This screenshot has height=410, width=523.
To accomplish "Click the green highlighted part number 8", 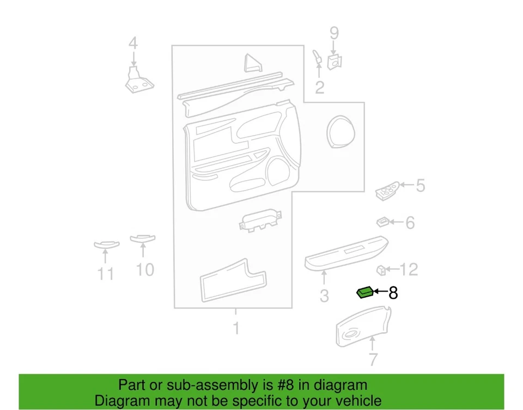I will tap(364, 293).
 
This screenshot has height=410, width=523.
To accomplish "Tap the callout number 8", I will tap(393, 293).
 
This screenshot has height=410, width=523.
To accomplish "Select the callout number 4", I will tap(132, 44).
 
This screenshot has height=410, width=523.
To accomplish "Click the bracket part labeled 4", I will tap(138, 81).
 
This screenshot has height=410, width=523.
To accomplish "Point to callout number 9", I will tap(334, 33).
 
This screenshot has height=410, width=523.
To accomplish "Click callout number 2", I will tap(320, 87).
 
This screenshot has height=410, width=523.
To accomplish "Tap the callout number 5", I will tap(420, 186).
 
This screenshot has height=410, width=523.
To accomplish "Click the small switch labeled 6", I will tap(383, 222).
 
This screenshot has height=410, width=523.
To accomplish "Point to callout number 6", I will tap(410, 222).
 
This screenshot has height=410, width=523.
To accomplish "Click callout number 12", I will tap(409, 269).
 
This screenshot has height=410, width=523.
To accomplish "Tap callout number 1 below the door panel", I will tap(236, 328).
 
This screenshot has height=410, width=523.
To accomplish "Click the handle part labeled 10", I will tap(143, 238).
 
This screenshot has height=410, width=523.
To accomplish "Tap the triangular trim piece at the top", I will tap(252, 63).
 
